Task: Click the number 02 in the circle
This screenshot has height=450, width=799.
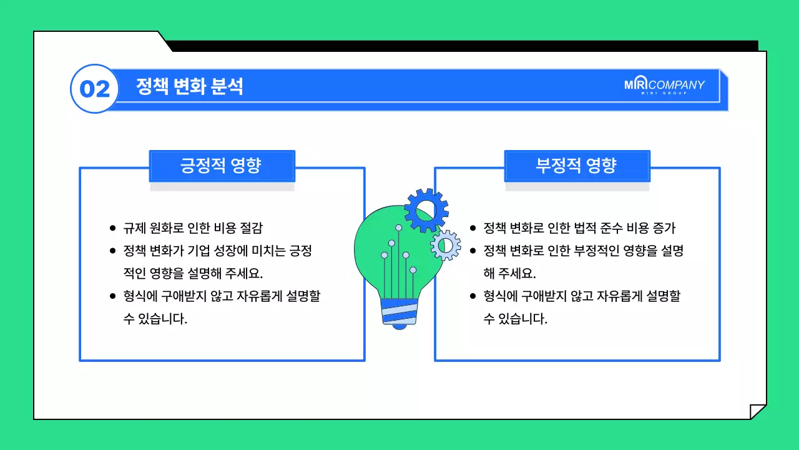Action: point(95,89)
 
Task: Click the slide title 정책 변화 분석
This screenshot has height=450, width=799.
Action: point(189,87)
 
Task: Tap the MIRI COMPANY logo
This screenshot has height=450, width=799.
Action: point(664,86)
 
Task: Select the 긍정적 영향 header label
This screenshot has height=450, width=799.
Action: point(222,166)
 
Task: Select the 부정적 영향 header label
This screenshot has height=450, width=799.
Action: point(577,166)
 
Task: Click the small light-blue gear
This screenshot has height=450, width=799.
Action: point(446,244)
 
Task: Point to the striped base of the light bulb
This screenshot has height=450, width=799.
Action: point(399,311)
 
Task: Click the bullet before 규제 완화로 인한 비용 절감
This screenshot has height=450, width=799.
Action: point(112,229)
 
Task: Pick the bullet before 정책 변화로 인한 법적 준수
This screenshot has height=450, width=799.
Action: point(473,229)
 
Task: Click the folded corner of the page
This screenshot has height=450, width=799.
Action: point(758,412)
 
